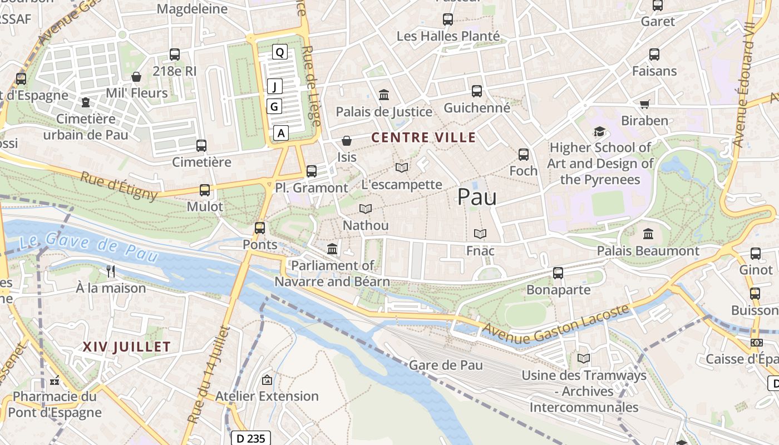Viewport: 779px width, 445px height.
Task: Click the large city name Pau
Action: coord(477,197)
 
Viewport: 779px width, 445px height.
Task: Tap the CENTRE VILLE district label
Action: coord(423,137)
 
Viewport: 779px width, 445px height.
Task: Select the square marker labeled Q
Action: coord(280,52)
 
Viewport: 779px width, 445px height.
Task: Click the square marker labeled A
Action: coord(281,133)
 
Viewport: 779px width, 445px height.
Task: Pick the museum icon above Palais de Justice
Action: coord(384,95)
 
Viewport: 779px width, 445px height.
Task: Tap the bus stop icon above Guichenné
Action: coord(477,91)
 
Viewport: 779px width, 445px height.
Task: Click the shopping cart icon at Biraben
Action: coord(645,104)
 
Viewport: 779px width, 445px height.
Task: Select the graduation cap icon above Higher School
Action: coord(599,132)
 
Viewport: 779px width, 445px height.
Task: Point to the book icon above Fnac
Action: coord(480,234)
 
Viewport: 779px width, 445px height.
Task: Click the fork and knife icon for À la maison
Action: coord(111,271)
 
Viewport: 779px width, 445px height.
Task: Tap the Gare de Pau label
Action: coord(446,365)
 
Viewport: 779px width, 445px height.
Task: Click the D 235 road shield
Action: coord(251,438)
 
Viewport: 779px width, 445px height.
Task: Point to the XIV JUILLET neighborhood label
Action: coord(127,347)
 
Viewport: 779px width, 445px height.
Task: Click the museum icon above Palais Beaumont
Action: coord(648,234)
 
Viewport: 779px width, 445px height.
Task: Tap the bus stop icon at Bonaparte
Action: coord(558,273)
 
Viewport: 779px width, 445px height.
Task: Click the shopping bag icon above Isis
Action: coord(347,141)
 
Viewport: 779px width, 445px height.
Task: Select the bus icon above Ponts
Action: coord(260,228)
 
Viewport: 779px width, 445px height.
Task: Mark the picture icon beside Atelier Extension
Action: coord(267,380)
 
